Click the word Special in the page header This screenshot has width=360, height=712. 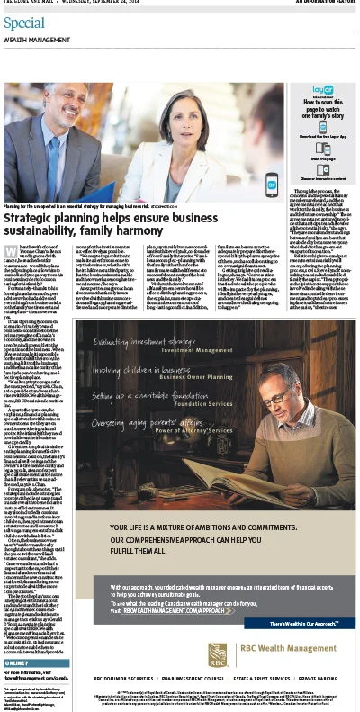tap(24, 23)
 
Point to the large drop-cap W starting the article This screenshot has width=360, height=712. tap(10, 253)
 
